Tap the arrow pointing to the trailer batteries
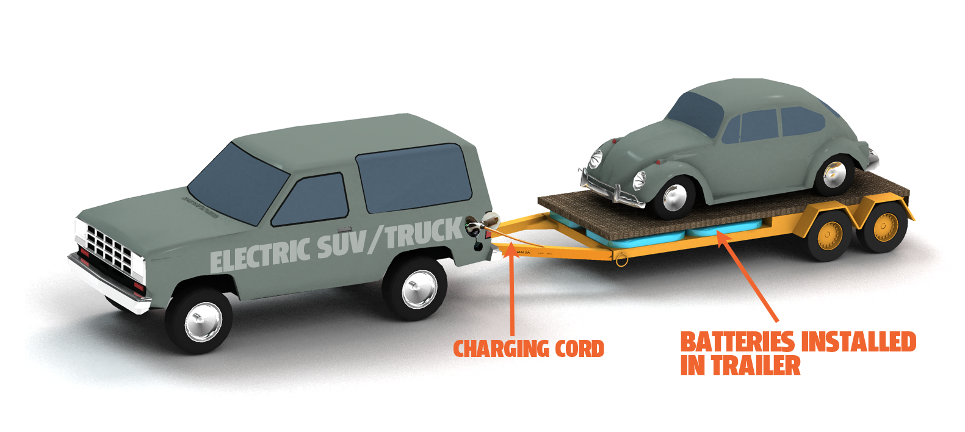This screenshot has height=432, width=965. coord(748,275)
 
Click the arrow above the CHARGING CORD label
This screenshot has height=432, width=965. coord(511,293)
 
